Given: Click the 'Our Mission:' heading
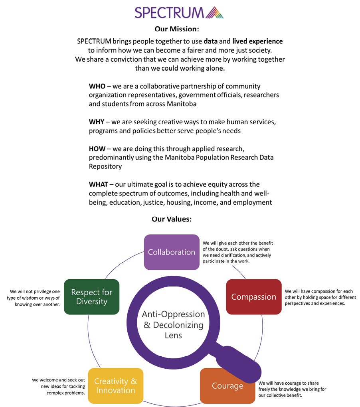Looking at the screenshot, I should point(177,29).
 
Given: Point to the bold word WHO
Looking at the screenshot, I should point(97,86).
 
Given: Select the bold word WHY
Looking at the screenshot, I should point(97,122).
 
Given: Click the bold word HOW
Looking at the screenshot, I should point(97,149).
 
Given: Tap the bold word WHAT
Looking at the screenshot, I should point(98,184).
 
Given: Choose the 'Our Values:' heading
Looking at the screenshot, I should point(172,219).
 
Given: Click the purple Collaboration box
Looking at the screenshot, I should point(172,252).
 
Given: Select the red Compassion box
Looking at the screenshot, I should point(254,297).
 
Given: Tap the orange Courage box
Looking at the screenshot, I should point(227,386).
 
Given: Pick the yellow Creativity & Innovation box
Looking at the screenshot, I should point(116,386).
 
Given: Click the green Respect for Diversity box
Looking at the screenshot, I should point(92,297).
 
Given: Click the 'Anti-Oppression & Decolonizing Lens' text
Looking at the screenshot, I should point(173,324).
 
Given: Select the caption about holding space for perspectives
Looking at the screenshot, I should point(320,297).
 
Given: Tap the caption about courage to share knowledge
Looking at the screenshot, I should point(294,389).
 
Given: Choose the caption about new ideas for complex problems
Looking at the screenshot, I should point(59,386).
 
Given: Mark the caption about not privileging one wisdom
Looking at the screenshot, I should point(34,298).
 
